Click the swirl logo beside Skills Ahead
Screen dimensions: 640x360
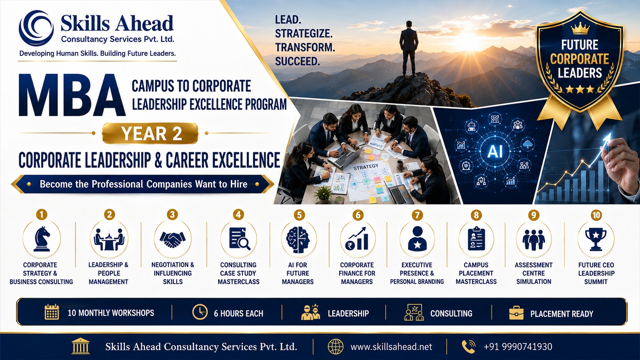click(36, 28)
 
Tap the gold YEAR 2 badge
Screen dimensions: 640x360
click(150, 133)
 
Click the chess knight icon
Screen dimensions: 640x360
click(42, 239)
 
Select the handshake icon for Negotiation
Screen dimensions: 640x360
click(173, 239)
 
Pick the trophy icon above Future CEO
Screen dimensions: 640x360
click(596, 239)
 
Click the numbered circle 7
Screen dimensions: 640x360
click(417, 215)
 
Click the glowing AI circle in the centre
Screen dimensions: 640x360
click(495, 151)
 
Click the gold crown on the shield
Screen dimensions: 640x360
click(580, 28)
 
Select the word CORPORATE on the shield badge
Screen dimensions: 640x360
click(580, 59)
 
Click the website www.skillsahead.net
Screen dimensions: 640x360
click(391, 347)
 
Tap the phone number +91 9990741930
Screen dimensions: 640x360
click(518, 347)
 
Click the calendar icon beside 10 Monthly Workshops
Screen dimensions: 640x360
click(52, 312)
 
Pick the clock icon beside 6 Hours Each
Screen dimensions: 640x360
click(200, 312)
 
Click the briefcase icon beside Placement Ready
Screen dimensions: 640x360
click(516, 313)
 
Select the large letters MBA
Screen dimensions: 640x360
click(72, 95)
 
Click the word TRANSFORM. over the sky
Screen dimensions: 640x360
click(305, 47)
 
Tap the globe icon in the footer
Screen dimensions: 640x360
click(335, 347)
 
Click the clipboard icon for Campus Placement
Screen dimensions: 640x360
click(476, 239)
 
